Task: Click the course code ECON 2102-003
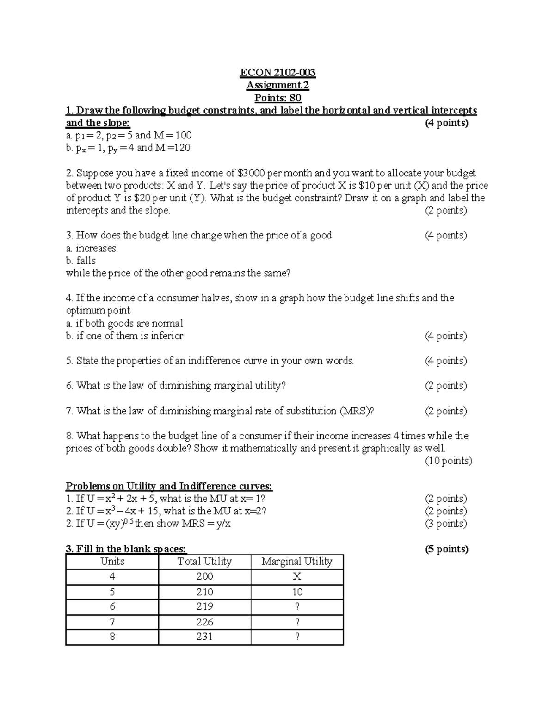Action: pyautogui.click(x=277, y=73)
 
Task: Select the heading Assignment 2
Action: pyautogui.click(x=277, y=85)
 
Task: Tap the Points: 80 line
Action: pyautogui.click(x=277, y=98)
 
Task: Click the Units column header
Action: pyautogui.click(x=112, y=562)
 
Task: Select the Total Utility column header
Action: pyautogui.click(x=204, y=562)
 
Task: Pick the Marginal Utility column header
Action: pyautogui.click(x=297, y=562)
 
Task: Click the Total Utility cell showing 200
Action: pyautogui.click(x=204, y=576)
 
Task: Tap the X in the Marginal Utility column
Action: pyautogui.click(x=297, y=576)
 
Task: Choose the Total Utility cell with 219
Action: pyautogui.click(x=204, y=606)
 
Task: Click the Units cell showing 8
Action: pyautogui.click(x=112, y=637)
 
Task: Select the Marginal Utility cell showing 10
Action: pyautogui.click(x=297, y=592)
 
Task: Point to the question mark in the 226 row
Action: pyautogui.click(x=297, y=622)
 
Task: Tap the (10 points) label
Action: pyautogui.click(x=448, y=461)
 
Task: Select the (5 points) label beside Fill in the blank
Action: pyautogui.click(x=446, y=549)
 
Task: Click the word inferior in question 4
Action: pyautogui.click(x=167, y=336)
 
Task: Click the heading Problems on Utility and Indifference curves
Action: pyautogui.click(x=169, y=486)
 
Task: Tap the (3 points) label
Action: pyautogui.click(x=446, y=524)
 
